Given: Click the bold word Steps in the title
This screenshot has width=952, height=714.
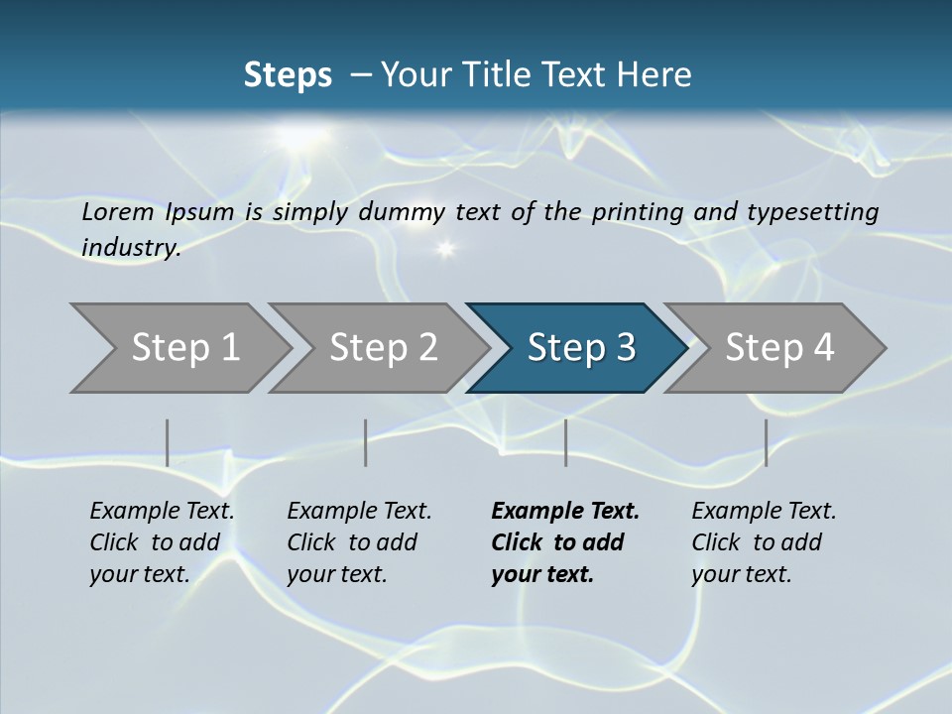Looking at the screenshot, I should (288, 75).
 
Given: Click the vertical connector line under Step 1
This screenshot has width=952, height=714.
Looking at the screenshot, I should (168, 442).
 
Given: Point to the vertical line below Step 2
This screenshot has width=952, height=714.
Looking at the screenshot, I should (366, 442).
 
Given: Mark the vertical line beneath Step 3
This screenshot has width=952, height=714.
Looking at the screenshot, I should (565, 442).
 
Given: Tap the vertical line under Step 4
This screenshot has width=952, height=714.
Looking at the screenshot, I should (766, 442).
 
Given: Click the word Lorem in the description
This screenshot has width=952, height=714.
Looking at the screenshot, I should (118, 212).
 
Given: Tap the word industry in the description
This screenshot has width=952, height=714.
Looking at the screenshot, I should (130, 248).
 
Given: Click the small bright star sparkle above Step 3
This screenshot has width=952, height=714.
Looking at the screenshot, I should (445, 248).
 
